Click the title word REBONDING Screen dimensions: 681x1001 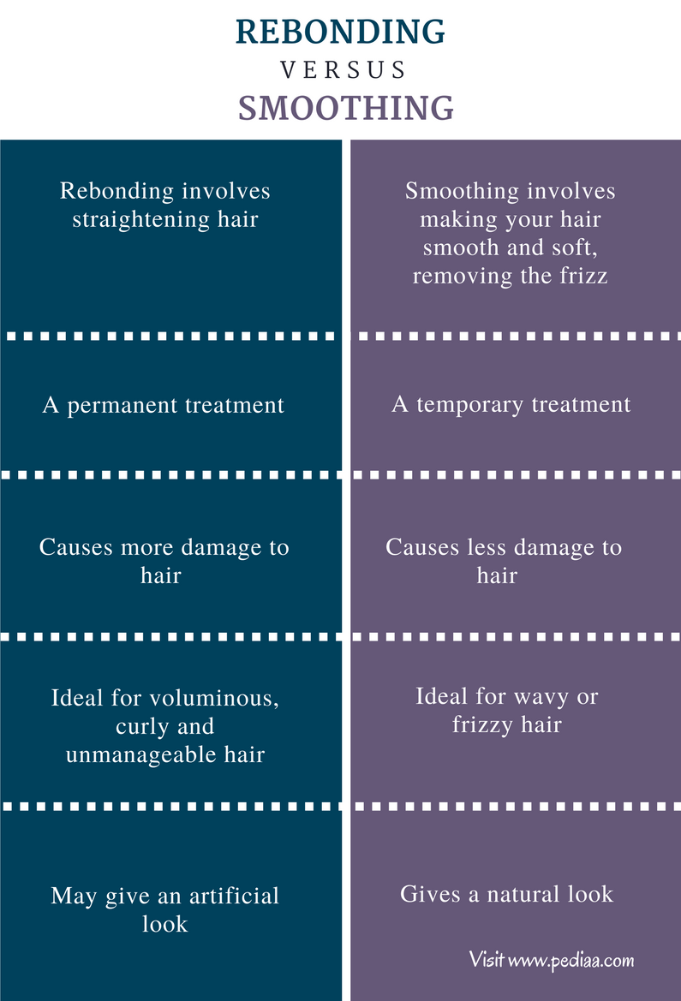tap(341, 32)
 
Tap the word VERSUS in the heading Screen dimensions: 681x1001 tap(343, 69)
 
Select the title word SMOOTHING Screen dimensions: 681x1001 tap(346, 108)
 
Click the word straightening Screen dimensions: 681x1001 tap(140, 220)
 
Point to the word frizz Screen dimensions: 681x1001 tap(584, 276)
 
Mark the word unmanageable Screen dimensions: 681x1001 tap(141, 755)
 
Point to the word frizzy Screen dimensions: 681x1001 tap(482, 725)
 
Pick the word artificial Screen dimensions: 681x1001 tap(234, 896)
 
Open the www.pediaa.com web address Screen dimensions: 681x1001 tap(571, 960)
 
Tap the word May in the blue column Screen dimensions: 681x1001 tap(75, 897)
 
